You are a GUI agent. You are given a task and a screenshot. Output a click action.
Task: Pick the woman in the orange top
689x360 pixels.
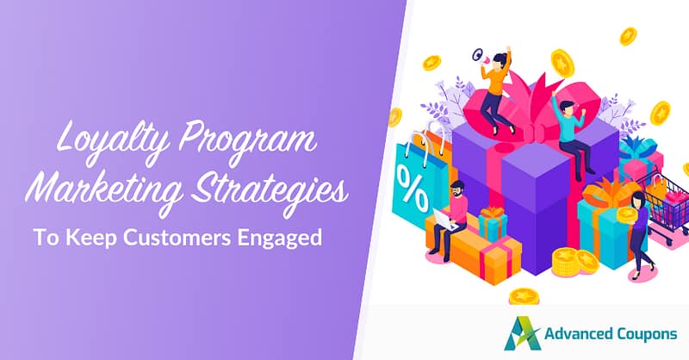pyautogui.click(x=497, y=82)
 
